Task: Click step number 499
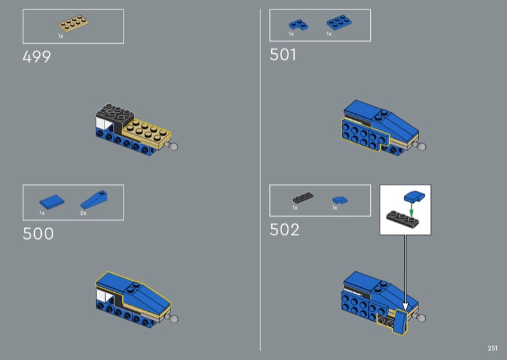click(x=37, y=57)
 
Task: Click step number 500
click(x=38, y=233)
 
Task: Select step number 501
click(x=283, y=55)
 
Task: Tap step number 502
click(x=285, y=229)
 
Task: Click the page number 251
click(x=492, y=348)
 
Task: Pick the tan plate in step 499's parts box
click(x=74, y=23)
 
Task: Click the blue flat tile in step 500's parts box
click(x=52, y=202)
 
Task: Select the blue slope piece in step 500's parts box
click(x=94, y=200)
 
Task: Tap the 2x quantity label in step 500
click(x=84, y=213)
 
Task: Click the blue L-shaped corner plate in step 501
click(x=298, y=25)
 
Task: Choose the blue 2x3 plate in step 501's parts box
click(x=339, y=22)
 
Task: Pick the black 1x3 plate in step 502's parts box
click(x=303, y=197)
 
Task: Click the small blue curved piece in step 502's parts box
click(x=340, y=200)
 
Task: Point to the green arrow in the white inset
click(x=411, y=209)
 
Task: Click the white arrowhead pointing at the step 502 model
click(x=405, y=306)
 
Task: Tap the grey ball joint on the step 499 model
click(x=174, y=146)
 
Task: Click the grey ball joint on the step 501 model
click(x=421, y=146)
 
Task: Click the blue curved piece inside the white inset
click(x=414, y=196)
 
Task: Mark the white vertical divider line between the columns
click(x=260, y=180)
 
